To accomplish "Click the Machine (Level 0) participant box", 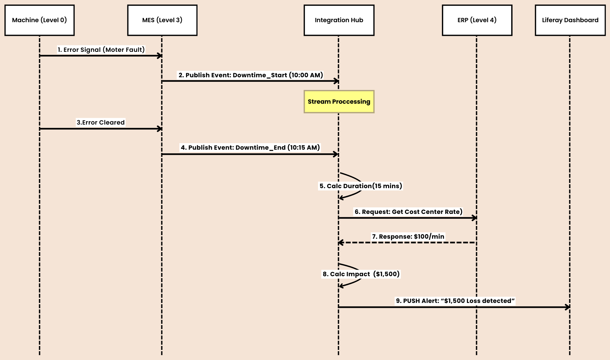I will click(x=39, y=20).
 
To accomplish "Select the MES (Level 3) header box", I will click(x=162, y=20).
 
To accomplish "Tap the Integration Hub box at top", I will click(x=339, y=20).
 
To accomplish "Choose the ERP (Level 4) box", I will click(x=477, y=20).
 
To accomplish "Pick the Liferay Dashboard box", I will click(x=570, y=20).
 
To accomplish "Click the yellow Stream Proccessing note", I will click(x=339, y=102).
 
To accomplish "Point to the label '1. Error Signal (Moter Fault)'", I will click(x=101, y=50).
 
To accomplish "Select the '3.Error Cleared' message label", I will click(x=100, y=122).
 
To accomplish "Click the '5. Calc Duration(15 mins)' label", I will click(x=360, y=186).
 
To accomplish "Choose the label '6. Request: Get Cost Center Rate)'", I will click(x=408, y=212).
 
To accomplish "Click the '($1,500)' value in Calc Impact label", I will click(x=386, y=274).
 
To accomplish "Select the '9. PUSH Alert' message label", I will click(x=455, y=301).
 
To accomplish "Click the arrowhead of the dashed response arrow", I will click(x=341, y=243).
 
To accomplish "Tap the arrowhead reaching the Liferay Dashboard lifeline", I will click(x=568, y=307).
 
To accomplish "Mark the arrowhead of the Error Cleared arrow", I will click(x=160, y=129).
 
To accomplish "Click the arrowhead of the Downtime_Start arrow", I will click(x=337, y=81).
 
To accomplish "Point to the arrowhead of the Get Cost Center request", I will click(x=475, y=218).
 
